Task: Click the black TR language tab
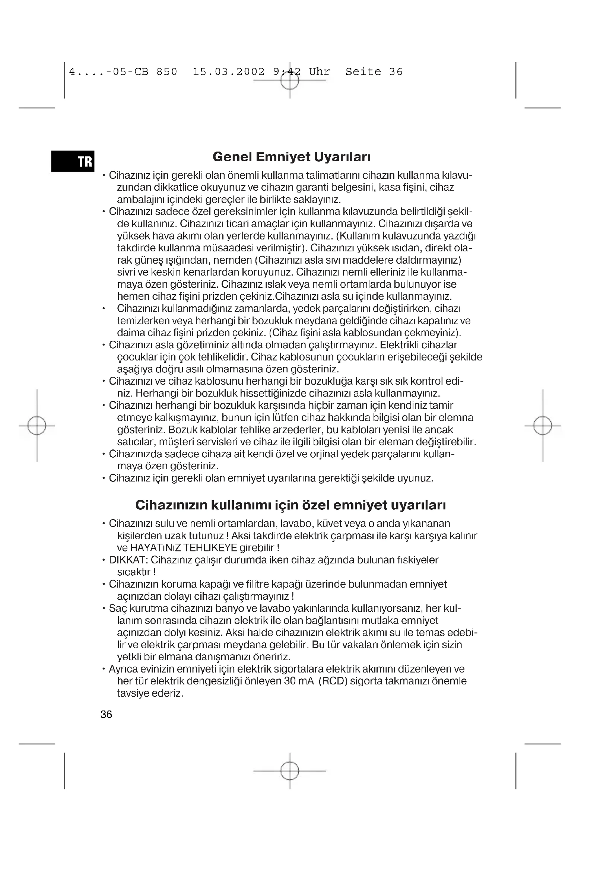[73, 161]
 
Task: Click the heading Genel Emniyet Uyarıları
[291, 157]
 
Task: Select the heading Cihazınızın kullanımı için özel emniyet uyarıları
[290, 505]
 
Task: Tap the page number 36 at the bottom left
[106, 714]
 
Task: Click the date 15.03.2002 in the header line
[228, 72]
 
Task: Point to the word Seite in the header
[363, 72]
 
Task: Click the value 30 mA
[299, 681]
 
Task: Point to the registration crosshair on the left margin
[37, 426]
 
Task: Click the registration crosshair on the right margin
[543, 426]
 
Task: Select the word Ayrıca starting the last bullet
[123, 669]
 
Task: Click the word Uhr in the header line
[319, 72]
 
